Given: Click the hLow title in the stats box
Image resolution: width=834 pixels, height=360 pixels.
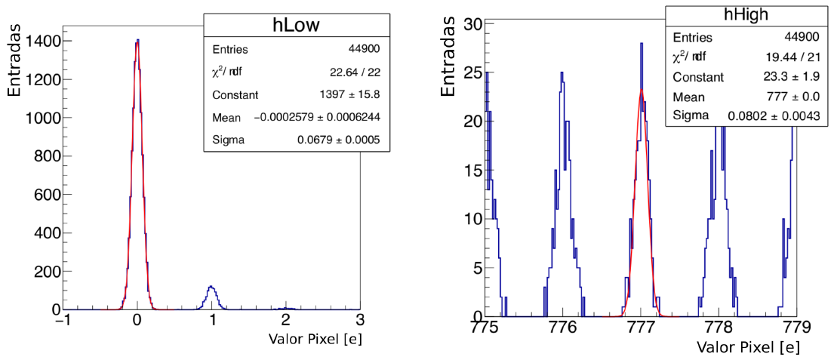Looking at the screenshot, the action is click(291, 26).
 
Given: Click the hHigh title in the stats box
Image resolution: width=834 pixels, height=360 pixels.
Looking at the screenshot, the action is click(746, 17).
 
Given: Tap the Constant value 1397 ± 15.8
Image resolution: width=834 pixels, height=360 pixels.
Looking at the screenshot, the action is click(350, 95).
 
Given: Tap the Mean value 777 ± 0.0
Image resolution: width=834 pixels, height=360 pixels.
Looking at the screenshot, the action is click(794, 97).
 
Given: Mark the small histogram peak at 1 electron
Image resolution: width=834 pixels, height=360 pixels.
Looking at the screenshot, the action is click(211, 287).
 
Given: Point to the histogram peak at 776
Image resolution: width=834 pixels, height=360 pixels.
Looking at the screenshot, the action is click(562, 72).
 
